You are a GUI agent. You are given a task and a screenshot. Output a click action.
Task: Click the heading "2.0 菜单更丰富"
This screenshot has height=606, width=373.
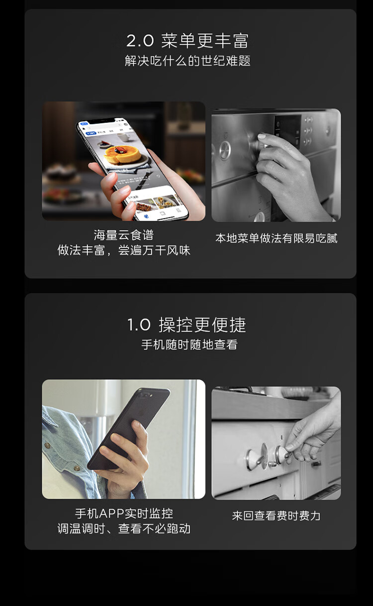coord(187,40)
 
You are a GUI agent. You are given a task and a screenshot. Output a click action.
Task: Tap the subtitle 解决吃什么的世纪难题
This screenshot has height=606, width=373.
coord(187,61)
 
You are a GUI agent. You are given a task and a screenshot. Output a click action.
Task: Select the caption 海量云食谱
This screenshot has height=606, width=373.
coord(123,235)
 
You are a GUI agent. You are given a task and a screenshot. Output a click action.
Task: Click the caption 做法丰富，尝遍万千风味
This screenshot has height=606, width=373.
coord(123,250)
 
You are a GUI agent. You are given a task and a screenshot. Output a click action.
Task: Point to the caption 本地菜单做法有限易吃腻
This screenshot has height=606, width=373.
coord(276,238)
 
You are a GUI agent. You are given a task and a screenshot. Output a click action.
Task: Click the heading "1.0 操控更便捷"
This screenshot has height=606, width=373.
coord(187,325)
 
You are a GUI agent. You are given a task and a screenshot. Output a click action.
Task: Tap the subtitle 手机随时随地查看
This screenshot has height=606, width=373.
coord(189,345)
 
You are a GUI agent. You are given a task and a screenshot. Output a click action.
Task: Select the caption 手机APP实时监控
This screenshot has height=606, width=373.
coord(123,513)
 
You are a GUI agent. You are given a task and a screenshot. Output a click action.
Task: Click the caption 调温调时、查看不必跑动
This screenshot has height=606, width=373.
coord(123,528)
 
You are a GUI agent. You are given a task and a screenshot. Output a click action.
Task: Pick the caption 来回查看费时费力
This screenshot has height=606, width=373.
coord(276,516)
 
